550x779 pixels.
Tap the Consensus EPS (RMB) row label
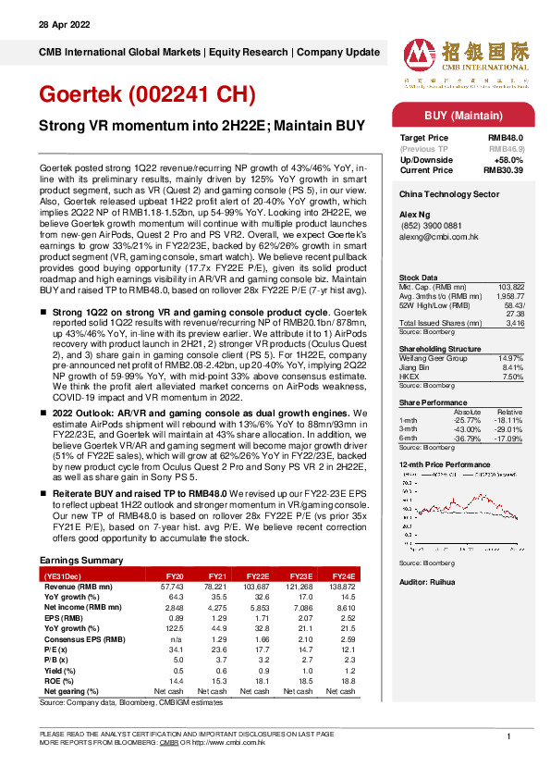83,637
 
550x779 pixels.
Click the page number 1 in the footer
509,736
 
